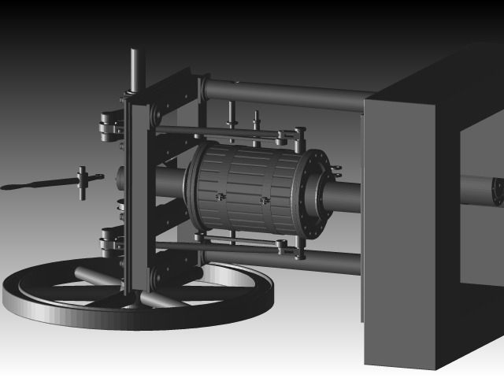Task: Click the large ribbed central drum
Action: [244, 189]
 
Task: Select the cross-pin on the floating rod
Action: [82, 183]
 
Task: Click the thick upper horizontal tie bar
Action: [283, 89]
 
